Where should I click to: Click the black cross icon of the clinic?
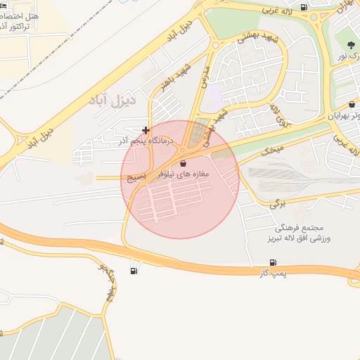click(x=146, y=130)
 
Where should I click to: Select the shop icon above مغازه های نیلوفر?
click(x=184, y=162)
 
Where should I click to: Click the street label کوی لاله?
click(x=276, y=115)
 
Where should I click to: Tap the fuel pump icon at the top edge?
click(x=303, y=8)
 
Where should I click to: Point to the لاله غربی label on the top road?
click(x=276, y=11)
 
